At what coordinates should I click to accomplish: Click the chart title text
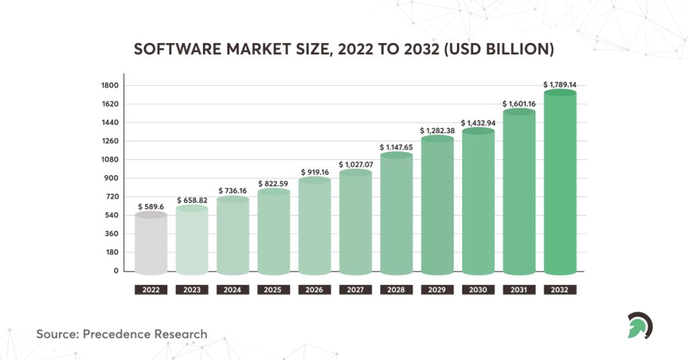point(343,50)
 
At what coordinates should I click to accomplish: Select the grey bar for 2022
point(151,245)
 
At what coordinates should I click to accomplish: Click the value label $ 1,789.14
point(560,85)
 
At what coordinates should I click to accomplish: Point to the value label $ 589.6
point(151,207)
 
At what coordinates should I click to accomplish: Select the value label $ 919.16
point(314,172)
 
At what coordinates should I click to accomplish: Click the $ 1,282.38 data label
point(437,130)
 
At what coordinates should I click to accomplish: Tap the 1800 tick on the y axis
point(110,85)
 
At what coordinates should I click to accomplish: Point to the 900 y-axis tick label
point(111,179)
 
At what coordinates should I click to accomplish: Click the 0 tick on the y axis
point(116,271)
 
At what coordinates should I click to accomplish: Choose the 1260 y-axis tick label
point(110,141)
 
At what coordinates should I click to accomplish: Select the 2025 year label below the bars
point(273,290)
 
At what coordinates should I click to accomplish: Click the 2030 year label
point(478,290)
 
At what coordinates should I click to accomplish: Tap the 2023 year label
point(192,290)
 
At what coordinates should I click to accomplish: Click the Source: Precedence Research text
point(122,334)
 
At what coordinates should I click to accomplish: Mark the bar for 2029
point(437,206)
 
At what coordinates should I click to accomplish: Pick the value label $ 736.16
point(233,191)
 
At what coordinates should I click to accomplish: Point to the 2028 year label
point(396,290)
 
